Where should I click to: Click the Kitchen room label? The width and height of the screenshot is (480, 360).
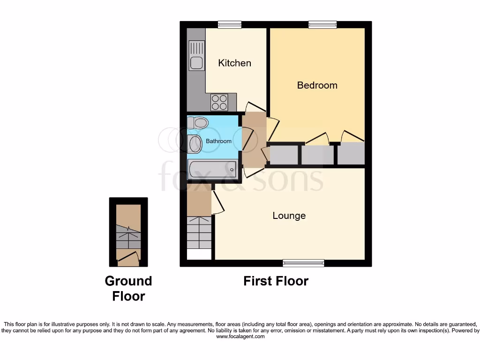(234, 63)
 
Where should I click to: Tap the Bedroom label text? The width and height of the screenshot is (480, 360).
(317, 85)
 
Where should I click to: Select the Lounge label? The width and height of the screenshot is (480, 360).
(289, 216)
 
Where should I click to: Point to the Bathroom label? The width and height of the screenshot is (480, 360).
(218, 141)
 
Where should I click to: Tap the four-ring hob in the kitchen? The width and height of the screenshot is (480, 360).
(219, 102)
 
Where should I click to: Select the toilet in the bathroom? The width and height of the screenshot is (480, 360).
(198, 123)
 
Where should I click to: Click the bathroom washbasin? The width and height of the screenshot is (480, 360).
(195, 144)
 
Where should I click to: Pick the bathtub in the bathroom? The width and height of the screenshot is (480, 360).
(212, 169)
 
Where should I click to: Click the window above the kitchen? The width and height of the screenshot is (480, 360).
(230, 24)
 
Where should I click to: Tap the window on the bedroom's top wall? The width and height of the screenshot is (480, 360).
(322, 24)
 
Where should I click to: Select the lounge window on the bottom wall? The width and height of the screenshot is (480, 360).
(303, 263)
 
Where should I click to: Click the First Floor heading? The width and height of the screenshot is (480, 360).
(276, 281)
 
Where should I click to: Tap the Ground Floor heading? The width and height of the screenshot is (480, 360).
(128, 288)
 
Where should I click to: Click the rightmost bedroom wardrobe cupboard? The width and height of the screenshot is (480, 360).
(351, 154)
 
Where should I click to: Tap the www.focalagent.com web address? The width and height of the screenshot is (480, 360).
(240, 337)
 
